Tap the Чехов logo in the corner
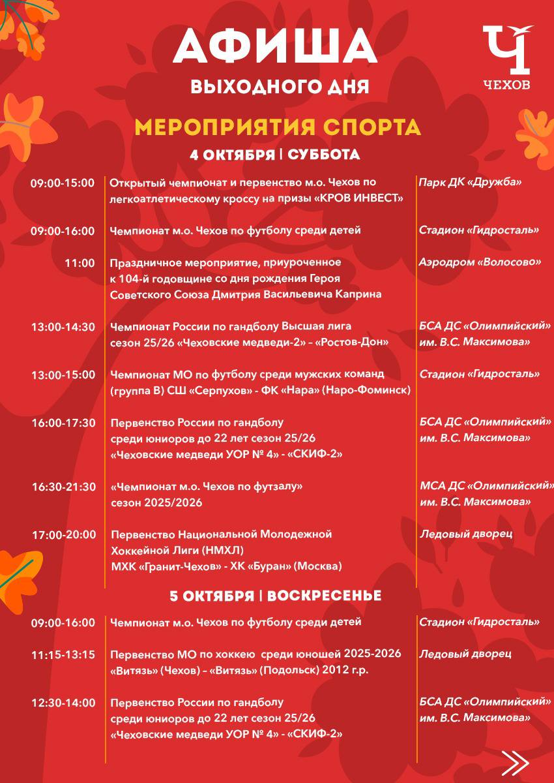click(506, 57)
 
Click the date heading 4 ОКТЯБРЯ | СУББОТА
click(275, 155)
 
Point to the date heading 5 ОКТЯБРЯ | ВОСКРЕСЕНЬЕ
click(276, 596)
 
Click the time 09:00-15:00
click(63, 183)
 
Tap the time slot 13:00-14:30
click(63, 327)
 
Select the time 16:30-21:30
click(63, 487)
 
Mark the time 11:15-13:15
click(63, 654)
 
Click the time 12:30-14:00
click(63, 703)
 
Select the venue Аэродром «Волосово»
click(480, 263)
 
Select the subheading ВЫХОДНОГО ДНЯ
click(280, 86)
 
